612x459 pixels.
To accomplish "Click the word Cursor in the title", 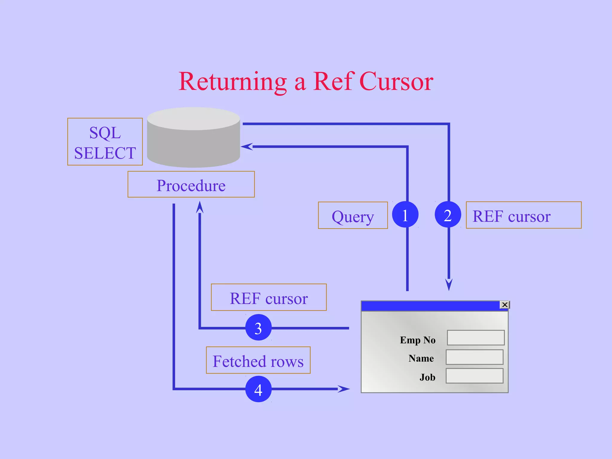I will [x=396, y=81].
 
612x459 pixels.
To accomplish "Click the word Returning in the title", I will [x=232, y=82].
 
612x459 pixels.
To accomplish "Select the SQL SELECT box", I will [x=105, y=142].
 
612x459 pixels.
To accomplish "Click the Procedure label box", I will [x=191, y=184].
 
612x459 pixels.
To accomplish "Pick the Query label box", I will [x=353, y=215].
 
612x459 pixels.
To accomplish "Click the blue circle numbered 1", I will [x=405, y=215].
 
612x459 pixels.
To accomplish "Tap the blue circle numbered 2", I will [x=448, y=215].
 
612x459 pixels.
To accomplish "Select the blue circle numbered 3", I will [x=258, y=328].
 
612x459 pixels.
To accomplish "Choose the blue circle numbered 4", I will [x=258, y=389].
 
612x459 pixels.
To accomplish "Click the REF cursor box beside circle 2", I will [x=524, y=215].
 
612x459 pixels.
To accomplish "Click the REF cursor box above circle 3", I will [x=269, y=297].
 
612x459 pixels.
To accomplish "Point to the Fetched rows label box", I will [x=258, y=360].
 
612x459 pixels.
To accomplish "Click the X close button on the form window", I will [x=505, y=305].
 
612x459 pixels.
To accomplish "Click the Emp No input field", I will [x=476, y=338].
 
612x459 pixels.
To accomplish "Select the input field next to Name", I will [x=475, y=357].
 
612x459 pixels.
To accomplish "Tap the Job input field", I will [x=475, y=376].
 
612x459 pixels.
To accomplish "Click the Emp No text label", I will [x=417, y=340].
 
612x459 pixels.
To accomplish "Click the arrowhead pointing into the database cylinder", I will [x=247, y=146].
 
